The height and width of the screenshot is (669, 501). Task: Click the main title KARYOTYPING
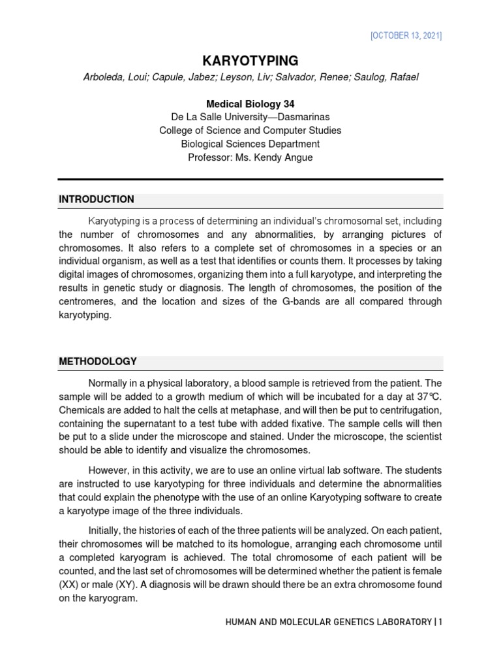click(x=250, y=61)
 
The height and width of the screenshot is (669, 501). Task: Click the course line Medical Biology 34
click(x=250, y=103)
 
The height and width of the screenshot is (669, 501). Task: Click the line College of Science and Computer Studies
click(x=250, y=130)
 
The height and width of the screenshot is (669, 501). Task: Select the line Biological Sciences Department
click(x=250, y=144)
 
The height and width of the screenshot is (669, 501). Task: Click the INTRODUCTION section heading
click(x=97, y=199)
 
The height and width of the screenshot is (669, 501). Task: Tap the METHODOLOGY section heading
click(x=98, y=361)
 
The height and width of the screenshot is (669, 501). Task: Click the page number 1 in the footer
click(x=440, y=622)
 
